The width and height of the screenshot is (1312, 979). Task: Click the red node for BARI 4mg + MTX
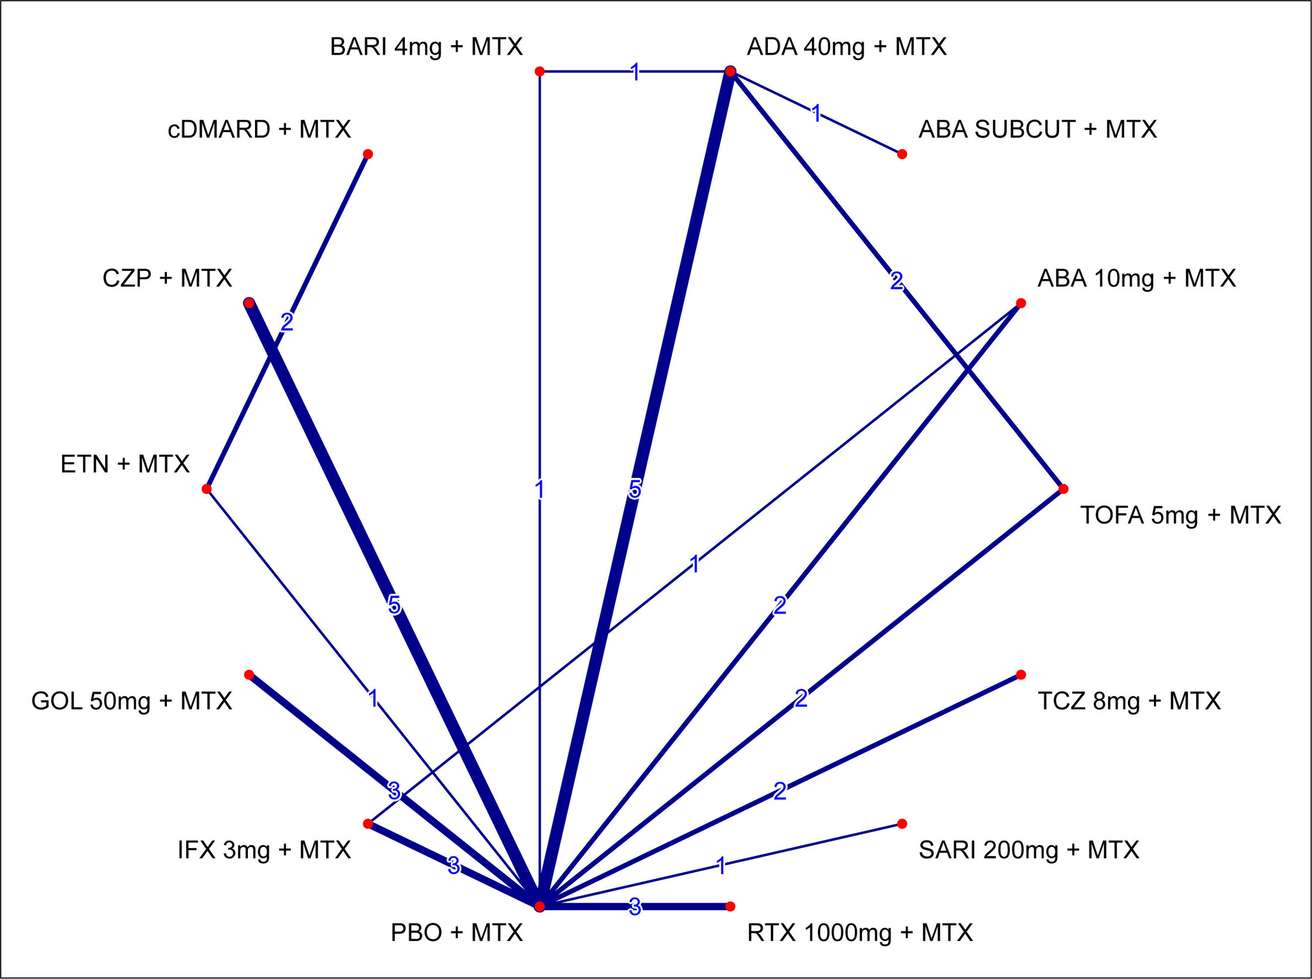point(539,71)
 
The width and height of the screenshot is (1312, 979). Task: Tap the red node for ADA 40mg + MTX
point(730,71)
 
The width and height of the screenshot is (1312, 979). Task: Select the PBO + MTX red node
point(539,906)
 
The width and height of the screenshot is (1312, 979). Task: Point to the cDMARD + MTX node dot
point(368,154)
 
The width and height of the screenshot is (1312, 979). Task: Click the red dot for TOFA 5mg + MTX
point(1063,489)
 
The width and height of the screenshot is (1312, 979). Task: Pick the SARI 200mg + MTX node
point(902,824)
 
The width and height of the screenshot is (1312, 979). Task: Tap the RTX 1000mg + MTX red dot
point(730,906)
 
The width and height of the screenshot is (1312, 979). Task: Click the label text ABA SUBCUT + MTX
point(1037,129)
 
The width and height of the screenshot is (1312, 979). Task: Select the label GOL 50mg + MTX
point(131,701)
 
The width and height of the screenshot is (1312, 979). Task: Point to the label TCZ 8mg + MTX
point(1129,701)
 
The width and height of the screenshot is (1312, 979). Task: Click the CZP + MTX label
point(167,278)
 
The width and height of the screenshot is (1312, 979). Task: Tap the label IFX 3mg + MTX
point(264,850)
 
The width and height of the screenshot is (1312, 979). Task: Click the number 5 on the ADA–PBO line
point(635,490)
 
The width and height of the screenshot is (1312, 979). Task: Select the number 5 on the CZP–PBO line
point(394,604)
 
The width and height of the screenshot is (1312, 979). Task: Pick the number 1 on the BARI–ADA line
point(635,72)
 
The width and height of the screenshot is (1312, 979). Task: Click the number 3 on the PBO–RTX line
point(635,906)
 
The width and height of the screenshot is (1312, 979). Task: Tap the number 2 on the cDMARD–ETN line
point(287,322)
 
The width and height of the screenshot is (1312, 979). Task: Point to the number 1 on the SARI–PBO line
point(721,866)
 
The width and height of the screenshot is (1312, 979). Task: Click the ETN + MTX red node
point(206,489)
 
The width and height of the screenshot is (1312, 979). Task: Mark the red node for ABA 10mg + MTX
point(1021,304)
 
